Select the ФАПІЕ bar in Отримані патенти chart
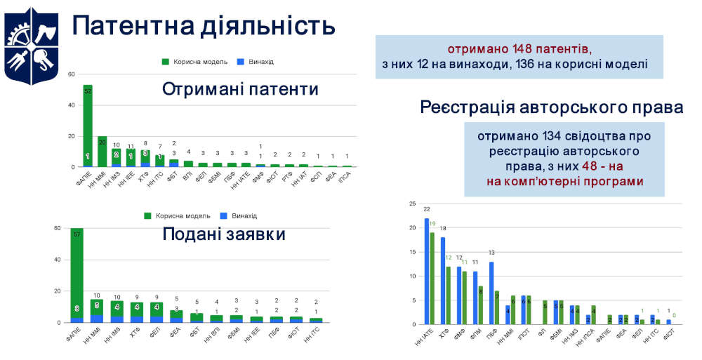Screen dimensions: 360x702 [88, 126]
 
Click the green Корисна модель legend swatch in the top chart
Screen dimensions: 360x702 [166, 62]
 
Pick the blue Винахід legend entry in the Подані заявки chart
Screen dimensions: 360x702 [224, 215]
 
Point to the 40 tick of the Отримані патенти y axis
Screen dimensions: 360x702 [71, 105]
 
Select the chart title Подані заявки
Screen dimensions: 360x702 [223, 234]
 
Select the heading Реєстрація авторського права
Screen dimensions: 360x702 [551, 107]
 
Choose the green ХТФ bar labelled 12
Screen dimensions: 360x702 [448, 295]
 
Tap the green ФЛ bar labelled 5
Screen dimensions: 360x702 [545, 312]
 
